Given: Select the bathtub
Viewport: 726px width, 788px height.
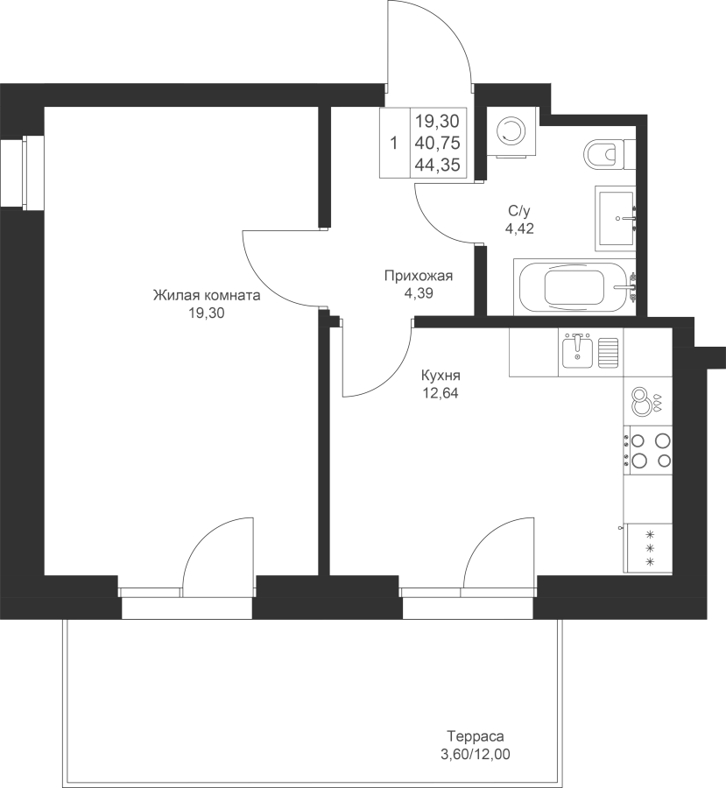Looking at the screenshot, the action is coord(574,287).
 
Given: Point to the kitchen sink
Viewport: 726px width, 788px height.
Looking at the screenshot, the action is coord(577,351).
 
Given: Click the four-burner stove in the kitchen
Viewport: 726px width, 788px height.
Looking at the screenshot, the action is coord(648,450).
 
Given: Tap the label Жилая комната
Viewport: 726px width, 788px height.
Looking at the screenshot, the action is coord(207,295).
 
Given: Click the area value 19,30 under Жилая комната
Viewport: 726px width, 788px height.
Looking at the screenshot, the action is coord(206,313).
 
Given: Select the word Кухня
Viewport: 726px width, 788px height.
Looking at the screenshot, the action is coord(441,376).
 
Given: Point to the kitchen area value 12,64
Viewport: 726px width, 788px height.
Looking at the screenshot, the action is coord(441,393).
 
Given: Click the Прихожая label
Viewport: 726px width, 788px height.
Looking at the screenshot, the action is coord(419,276).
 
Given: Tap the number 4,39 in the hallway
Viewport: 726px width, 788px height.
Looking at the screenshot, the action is coord(419,293).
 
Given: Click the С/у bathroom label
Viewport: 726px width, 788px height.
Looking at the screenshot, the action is coord(519,210).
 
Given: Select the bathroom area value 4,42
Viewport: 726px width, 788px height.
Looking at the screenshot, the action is coord(519,229).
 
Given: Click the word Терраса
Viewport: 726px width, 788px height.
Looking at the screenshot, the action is coord(476,736).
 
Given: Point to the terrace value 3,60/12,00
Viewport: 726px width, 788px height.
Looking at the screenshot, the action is coord(476,755).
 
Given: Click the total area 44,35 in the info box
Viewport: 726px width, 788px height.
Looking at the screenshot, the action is coord(437,165).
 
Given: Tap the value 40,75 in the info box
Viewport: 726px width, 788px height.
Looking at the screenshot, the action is coord(437,144).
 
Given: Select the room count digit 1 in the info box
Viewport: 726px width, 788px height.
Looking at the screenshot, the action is coord(394,144).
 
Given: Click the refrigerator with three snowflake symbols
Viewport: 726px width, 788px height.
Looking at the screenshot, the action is coord(648,548).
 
